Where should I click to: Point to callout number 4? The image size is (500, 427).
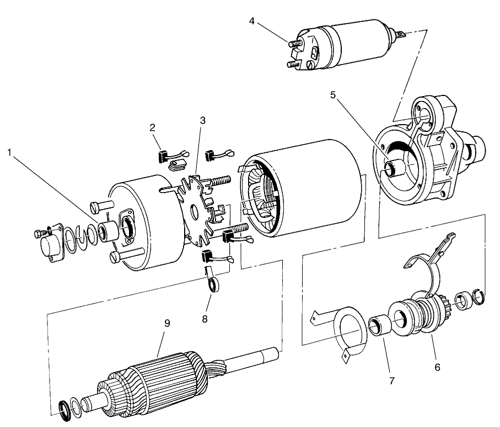252,21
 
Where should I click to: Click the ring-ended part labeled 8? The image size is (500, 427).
212,282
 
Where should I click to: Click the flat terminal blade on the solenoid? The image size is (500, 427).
401,35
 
